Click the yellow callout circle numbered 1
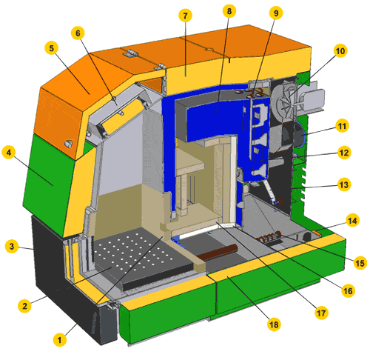click(x=59, y=340)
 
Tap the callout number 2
click(x=24, y=306)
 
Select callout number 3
click(x=12, y=246)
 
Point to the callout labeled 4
click(x=9, y=153)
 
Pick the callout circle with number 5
click(x=51, y=48)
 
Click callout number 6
click(x=78, y=33)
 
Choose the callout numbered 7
click(x=185, y=16)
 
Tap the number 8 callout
click(x=229, y=11)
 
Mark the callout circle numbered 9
click(x=276, y=13)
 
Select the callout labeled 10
click(x=340, y=51)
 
